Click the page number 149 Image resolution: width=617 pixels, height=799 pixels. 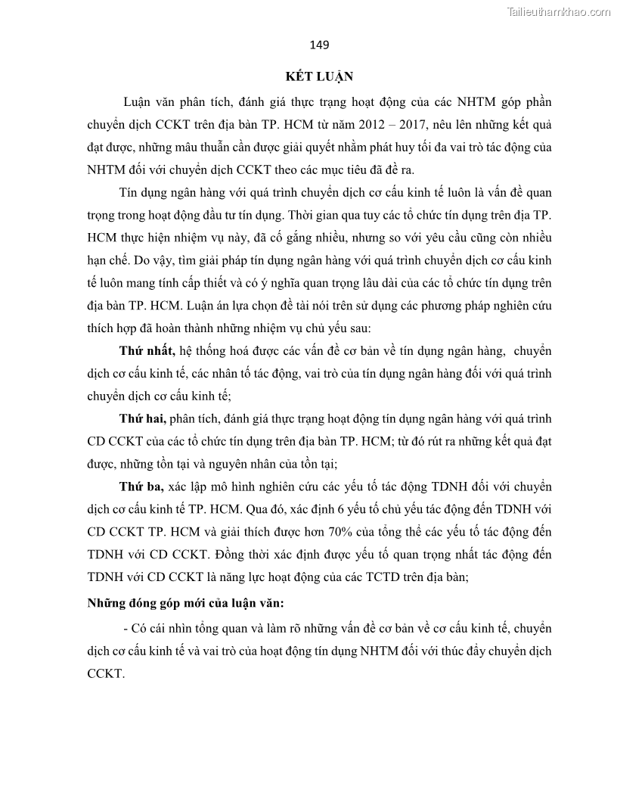[319, 45]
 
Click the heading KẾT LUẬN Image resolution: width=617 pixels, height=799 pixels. [319, 76]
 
